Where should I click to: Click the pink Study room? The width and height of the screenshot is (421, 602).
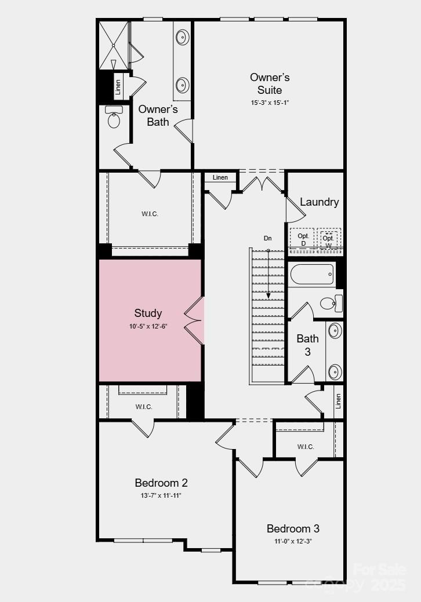point(150,348)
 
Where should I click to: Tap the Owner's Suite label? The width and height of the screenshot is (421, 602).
point(270,83)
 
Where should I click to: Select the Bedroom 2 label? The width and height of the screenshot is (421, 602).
point(161,483)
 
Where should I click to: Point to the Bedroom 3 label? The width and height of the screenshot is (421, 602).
point(293,528)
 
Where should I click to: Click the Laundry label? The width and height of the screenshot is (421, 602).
point(319,202)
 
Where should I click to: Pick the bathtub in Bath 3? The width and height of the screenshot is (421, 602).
point(312,273)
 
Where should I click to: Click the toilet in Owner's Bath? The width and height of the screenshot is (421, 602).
point(114,118)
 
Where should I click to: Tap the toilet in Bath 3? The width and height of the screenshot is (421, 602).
point(330,302)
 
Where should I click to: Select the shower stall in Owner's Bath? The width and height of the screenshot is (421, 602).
point(113,45)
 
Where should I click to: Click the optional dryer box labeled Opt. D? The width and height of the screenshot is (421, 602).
point(302,239)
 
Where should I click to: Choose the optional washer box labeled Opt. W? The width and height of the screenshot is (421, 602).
point(329,238)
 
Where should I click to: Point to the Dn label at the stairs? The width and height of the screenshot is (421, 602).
point(267,238)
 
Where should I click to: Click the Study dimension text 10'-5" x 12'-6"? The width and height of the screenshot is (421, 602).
point(148,327)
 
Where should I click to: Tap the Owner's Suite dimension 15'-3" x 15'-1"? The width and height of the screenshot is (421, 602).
point(270,103)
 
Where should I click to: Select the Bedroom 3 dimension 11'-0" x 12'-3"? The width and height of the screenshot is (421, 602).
point(293,542)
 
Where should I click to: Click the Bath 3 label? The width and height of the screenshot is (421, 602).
point(307,345)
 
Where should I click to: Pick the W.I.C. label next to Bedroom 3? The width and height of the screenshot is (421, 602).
point(305,447)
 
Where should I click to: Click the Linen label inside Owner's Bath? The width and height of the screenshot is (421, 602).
point(118,87)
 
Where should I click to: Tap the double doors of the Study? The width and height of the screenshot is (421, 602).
point(194,322)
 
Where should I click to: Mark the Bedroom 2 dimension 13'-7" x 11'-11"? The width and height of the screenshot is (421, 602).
point(161,496)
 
